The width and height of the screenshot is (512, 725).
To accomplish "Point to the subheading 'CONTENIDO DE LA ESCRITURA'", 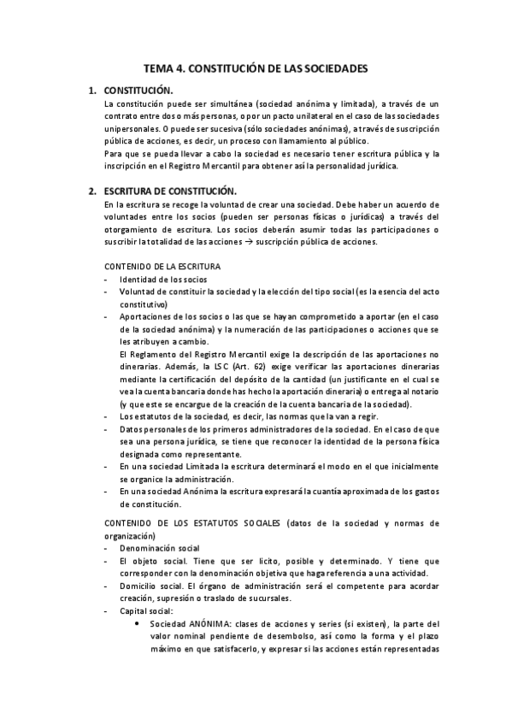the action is pos(162,268).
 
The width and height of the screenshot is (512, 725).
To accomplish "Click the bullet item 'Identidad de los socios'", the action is pos(162,280).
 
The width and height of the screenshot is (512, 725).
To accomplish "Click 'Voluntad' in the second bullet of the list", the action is pos(136,292).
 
